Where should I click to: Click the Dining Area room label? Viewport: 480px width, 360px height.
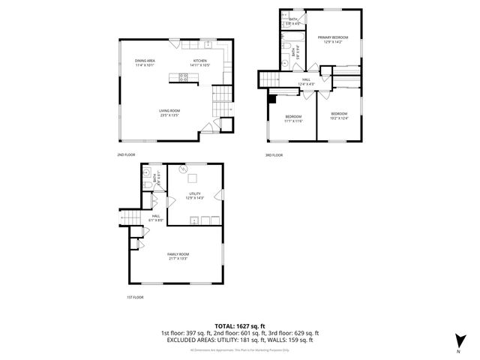point(145,62)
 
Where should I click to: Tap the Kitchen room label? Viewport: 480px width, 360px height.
point(200,62)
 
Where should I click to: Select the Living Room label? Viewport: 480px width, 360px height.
point(169,112)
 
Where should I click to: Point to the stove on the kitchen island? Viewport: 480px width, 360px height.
point(180,76)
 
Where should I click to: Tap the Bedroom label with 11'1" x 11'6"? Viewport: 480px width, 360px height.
point(293,118)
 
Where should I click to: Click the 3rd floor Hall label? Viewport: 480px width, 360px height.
point(306,80)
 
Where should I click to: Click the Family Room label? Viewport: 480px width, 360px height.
point(178,256)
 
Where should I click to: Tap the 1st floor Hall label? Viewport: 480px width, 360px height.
point(156,217)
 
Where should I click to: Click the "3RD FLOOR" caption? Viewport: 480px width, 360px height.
point(273,155)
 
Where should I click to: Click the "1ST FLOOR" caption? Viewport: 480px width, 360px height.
point(134,297)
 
